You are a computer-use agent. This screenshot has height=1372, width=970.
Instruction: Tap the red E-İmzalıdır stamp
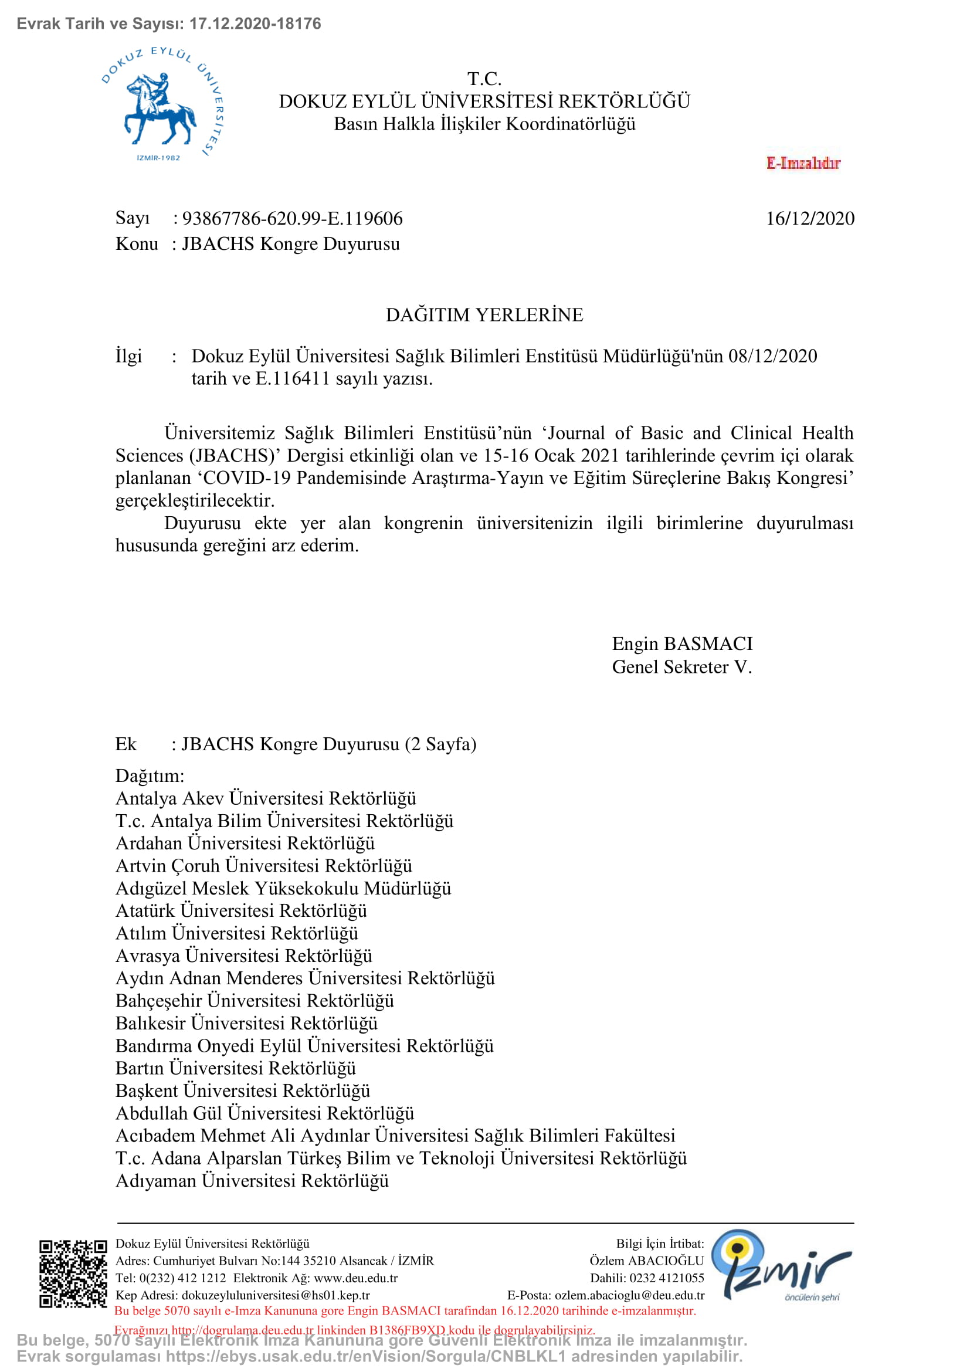point(803,163)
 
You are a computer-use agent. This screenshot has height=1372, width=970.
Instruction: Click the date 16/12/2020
point(809,219)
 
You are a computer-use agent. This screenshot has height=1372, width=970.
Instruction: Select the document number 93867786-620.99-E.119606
point(292,219)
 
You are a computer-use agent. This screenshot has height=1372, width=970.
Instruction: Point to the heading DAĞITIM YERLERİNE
point(484,315)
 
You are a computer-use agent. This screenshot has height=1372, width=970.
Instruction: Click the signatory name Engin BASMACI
point(682,643)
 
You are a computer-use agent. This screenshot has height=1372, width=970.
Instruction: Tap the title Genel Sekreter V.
point(681,667)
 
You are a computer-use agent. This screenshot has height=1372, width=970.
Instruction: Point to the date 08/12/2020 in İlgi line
point(772,356)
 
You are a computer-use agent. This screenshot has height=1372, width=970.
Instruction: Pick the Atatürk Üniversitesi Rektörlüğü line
point(241,911)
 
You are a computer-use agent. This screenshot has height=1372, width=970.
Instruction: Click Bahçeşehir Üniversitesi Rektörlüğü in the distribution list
point(255,1001)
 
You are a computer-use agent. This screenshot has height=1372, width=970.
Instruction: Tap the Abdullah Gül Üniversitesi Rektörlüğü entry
point(264,1113)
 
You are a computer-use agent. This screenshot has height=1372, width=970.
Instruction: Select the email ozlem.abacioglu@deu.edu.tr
point(629,1296)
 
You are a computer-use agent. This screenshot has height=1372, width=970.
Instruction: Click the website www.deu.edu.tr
point(355,1278)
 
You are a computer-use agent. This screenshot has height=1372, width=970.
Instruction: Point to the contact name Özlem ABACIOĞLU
point(646,1261)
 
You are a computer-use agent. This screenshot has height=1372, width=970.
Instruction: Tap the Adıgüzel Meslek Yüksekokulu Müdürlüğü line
point(283,889)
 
